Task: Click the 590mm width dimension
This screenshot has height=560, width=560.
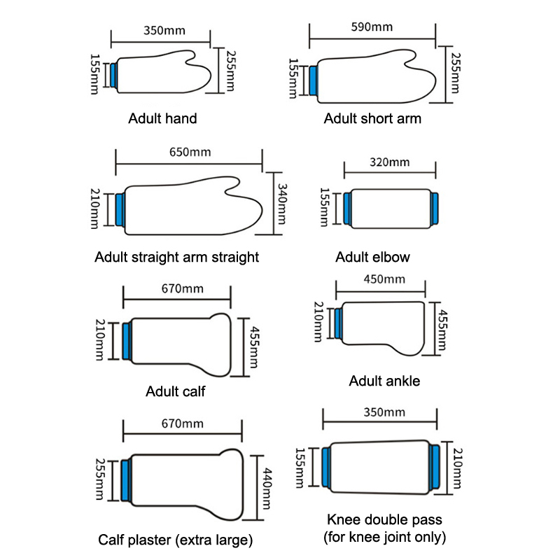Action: [x=372, y=27]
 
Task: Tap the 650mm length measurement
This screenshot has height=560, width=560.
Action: [x=190, y=152]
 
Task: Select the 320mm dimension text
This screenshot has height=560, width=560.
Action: [x=389, y=163]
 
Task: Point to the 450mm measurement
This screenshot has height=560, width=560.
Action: [x=384, y=279]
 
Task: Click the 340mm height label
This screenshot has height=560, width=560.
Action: [x=282, y=204]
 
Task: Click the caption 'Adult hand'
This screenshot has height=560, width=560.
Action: [x=162, y=118]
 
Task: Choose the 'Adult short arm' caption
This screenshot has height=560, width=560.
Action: [x=372, y=118]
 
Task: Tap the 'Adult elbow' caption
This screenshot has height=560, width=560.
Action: [x=372, y=257]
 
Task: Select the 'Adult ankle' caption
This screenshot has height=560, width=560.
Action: [x=384, y=381]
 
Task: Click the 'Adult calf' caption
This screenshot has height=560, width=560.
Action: [x=175, y=391]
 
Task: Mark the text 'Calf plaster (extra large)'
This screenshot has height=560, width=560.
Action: [x=175, y=540]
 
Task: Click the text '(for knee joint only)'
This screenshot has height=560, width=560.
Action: [x=384, y=538]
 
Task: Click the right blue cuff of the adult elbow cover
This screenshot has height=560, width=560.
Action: [x=435, y=209]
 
